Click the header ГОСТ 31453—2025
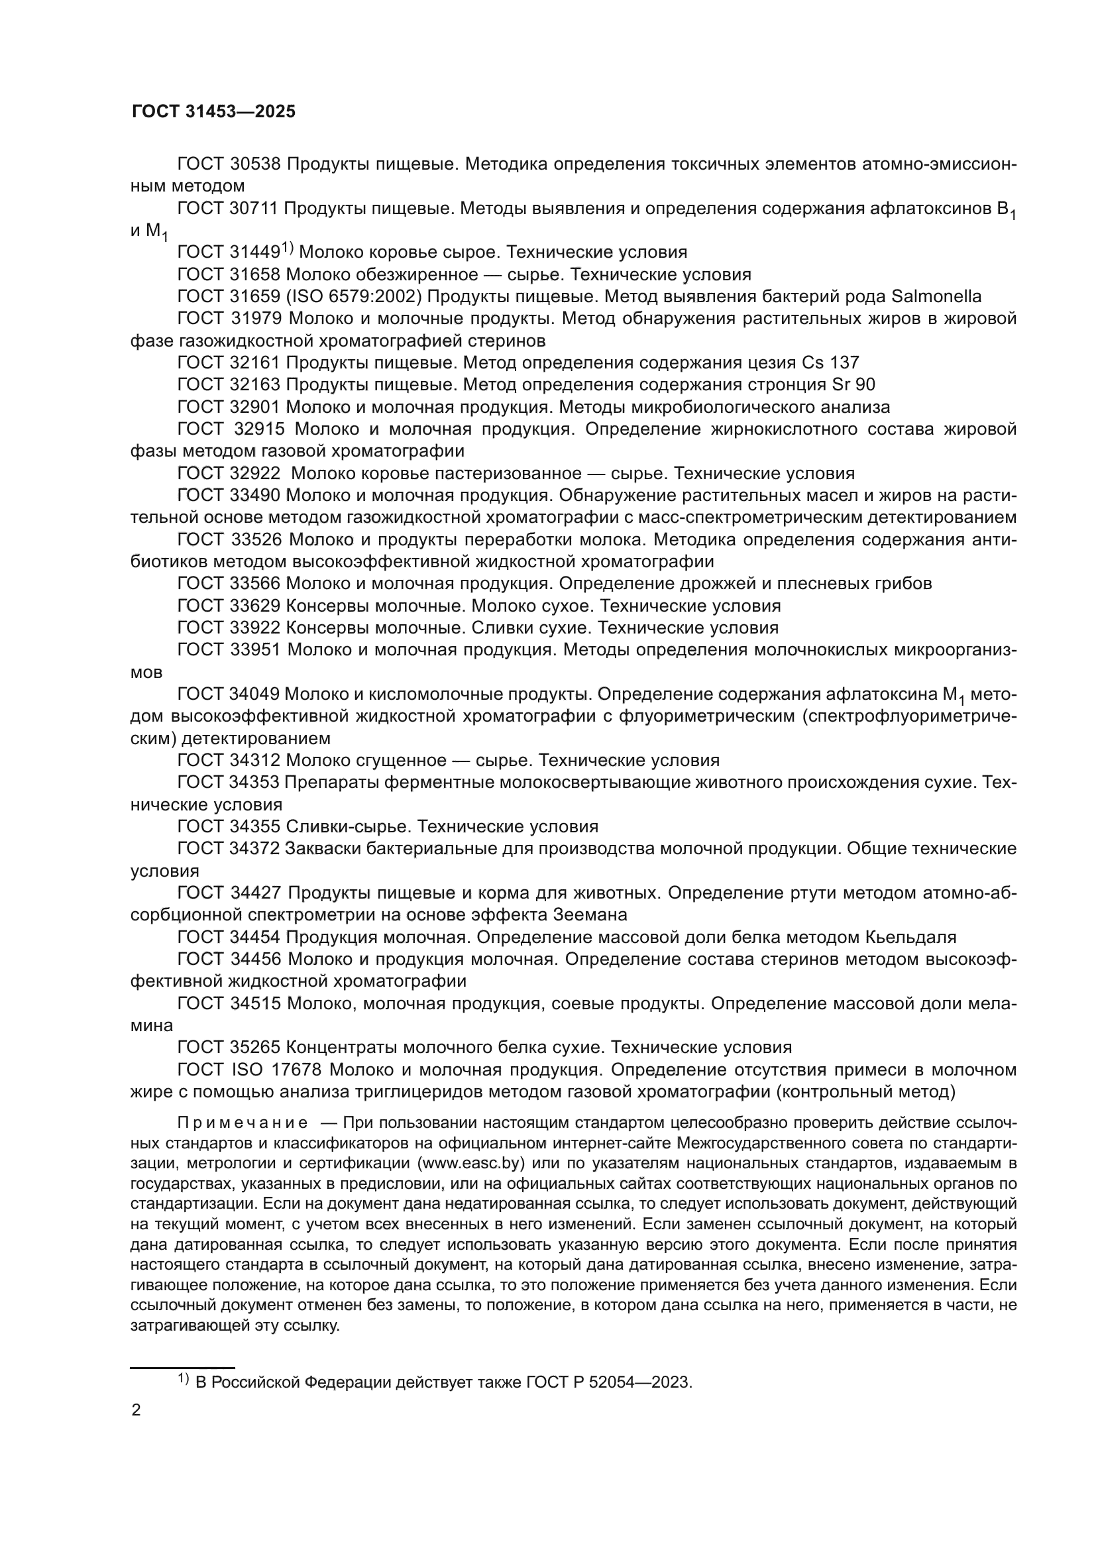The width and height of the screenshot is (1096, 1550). click(x=213, y=112)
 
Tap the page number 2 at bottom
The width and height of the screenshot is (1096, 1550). click(x=137, y=1410)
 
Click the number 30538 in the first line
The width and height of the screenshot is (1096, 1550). click(x=256, y=164)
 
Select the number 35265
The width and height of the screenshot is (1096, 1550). click(x=255, y=1047)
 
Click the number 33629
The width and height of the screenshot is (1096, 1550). click(x=255, y=606)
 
